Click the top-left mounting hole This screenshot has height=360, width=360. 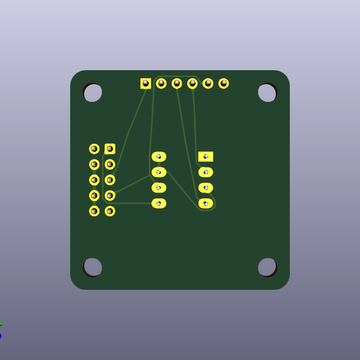pyautogui.click(x=92, y=92)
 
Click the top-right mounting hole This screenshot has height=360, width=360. pyautogui.click(x=267, y=92)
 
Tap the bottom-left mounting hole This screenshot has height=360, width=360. pyautogui.click(x=92, y=267)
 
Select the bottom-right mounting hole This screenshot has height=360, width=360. pyautogui.click(x=267, y=267)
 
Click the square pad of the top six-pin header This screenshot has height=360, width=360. pyautogui.click(x=146, y=83)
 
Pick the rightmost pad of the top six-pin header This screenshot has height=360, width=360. pyautogui.click(x=223, y=83)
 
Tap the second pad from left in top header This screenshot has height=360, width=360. pyautogui.click(x=161, y=83)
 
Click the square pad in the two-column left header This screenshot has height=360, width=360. pyautogui.click(x=110, y=149)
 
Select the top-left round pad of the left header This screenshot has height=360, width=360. pyautogui.click(x=94, y=149)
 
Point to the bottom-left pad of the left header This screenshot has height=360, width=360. pyautogui.click(x=94, y=211)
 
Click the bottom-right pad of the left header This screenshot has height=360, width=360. pyautogui.click(x=110, y=211)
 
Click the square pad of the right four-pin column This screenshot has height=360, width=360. pyautogui.click(x=205, y=157)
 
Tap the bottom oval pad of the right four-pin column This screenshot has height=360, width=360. pyautogui.click(x=205, y=203)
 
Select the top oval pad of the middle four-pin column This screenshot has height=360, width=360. pyautogui.click(x=158, y=157)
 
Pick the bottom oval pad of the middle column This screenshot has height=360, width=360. pyautogui.click(x=158, y=203)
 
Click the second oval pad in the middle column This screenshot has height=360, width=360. pyautogui.click(x=158, y=172)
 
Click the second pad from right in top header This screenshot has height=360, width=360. pyautogui.click(x=208, y=83)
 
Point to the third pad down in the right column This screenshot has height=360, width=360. pyautogui.click(x=205, y=188)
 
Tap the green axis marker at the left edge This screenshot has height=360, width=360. pyautogui.click(x=1, y=324)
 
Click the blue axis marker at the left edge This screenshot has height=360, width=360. pyautogui.click(x=1, y=335)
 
